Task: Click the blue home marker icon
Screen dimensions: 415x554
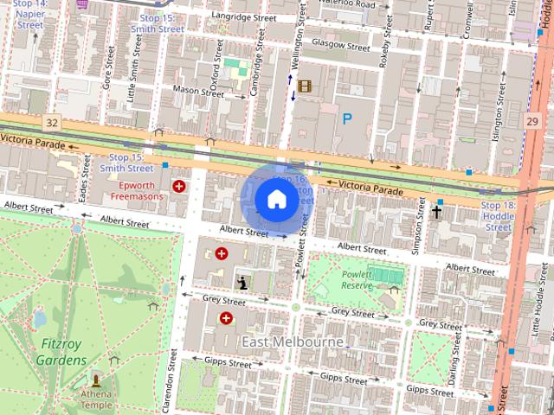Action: [x=275, y=199]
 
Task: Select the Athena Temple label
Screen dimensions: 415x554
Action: [x=96, y=399]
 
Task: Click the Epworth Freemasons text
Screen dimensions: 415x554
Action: [x=144, y=191]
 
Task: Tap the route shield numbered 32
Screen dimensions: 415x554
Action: [x=53, y=123]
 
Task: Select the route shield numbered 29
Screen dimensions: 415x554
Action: [x=531, y=123]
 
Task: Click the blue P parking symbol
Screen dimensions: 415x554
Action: [x=347, y=119]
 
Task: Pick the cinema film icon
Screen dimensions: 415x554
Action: [x=304, y=86]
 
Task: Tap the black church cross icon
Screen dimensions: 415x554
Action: [x=436, y=210]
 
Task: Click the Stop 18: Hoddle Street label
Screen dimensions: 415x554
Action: [x=498, y=216]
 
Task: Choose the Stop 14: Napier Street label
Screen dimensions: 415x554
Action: [x=29, y=16]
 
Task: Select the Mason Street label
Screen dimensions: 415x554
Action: [x=198, y=89]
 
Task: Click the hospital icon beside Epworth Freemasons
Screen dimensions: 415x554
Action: [x=179, y=186]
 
